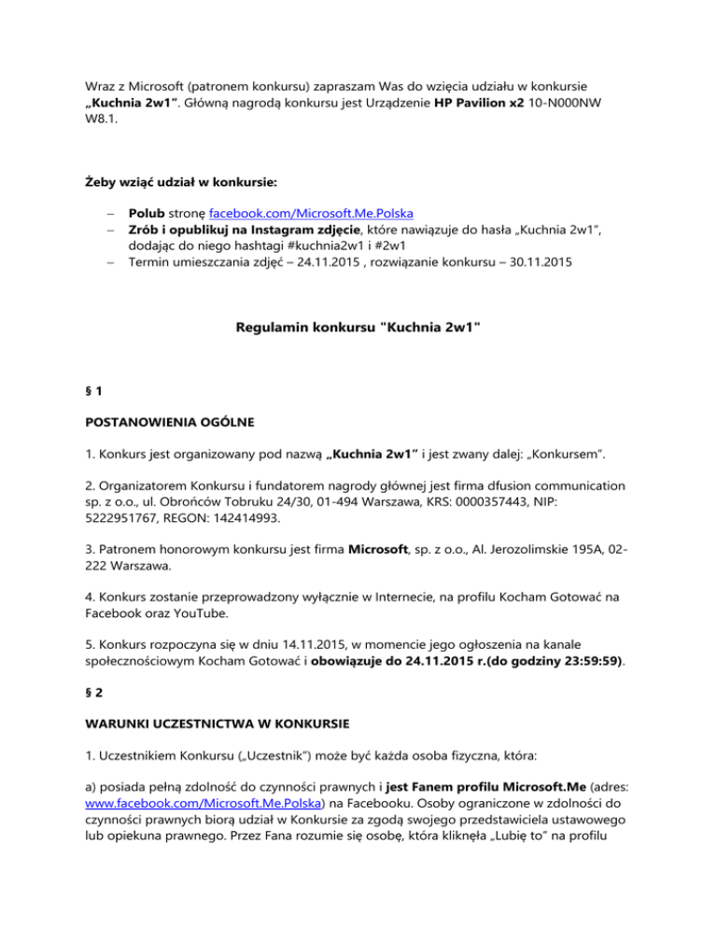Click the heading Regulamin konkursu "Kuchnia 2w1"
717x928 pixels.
point(358,330)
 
